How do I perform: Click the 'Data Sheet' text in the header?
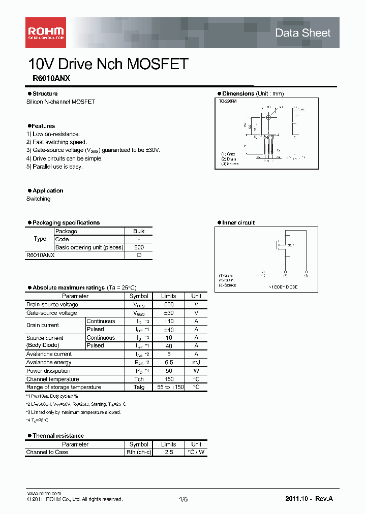click(302, 33)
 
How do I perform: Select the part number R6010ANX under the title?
click(48, 79)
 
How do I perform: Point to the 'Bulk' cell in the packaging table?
click(139, 231)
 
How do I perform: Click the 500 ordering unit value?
click(139, 247)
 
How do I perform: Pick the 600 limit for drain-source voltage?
click(168, 305)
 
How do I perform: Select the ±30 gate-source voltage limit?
click(168, 313)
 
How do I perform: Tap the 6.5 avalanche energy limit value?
click(168, 362)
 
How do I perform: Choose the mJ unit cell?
click(196, 362)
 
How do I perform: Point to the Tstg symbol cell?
click(139, 387)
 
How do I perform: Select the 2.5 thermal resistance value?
click(168, 452)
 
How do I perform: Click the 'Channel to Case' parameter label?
click(47, 452)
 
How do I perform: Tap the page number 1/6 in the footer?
click(183, 499)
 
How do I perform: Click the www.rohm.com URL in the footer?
click(44, 493)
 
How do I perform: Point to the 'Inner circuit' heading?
click(238, 222)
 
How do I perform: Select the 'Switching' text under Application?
click(39, 199)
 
